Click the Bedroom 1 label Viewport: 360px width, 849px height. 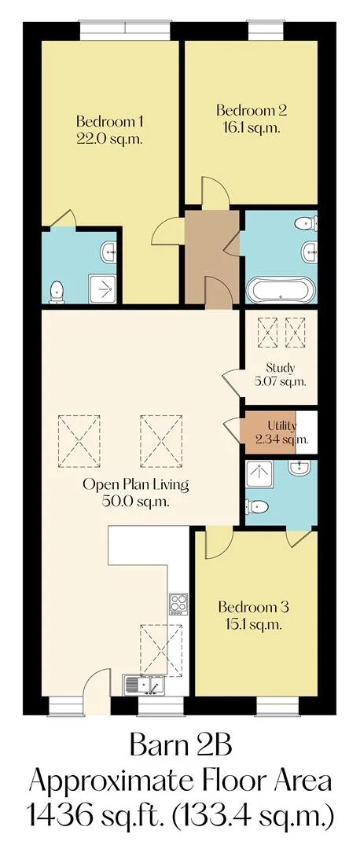click(109, 121)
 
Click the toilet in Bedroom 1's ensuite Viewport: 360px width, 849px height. click(56, 292)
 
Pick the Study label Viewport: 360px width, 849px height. click(281, 368)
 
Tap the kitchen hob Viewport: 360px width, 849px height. click(178, 605)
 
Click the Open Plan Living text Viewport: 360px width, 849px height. click(135, 484)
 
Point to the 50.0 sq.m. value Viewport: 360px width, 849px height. click(135, 502)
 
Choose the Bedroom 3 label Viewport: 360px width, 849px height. click(253, 607)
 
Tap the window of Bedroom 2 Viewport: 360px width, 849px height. click(266, 30)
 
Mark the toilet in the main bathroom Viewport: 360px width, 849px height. click(307, 222)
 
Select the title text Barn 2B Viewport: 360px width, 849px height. click(181, 747)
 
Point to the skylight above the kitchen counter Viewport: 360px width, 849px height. click(161, 650)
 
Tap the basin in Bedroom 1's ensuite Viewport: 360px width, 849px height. click(108, 252)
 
